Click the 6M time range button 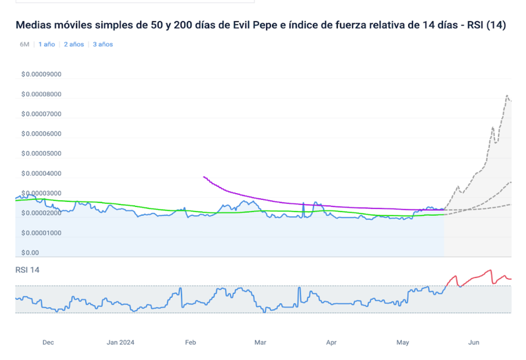pos(25,44)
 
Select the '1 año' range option pos(46,44)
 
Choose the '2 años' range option pos(74,44)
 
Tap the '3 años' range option pos(103,44)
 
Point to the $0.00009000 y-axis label pos(41,74)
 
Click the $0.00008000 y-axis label pos(41,94)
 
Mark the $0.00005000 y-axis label pos(41,154)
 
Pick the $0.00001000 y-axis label pos(41,233)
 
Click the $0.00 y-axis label pos(30,253)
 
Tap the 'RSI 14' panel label pos(27,270)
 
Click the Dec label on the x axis pos(48,342)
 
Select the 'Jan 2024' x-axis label pos(121,342)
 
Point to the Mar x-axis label pos(260,342)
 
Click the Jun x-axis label pos(473,342)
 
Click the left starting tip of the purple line pos(204,177)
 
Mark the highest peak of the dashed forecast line pos(507,96)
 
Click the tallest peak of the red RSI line pos(490,270)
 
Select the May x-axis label pos(402,342)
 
